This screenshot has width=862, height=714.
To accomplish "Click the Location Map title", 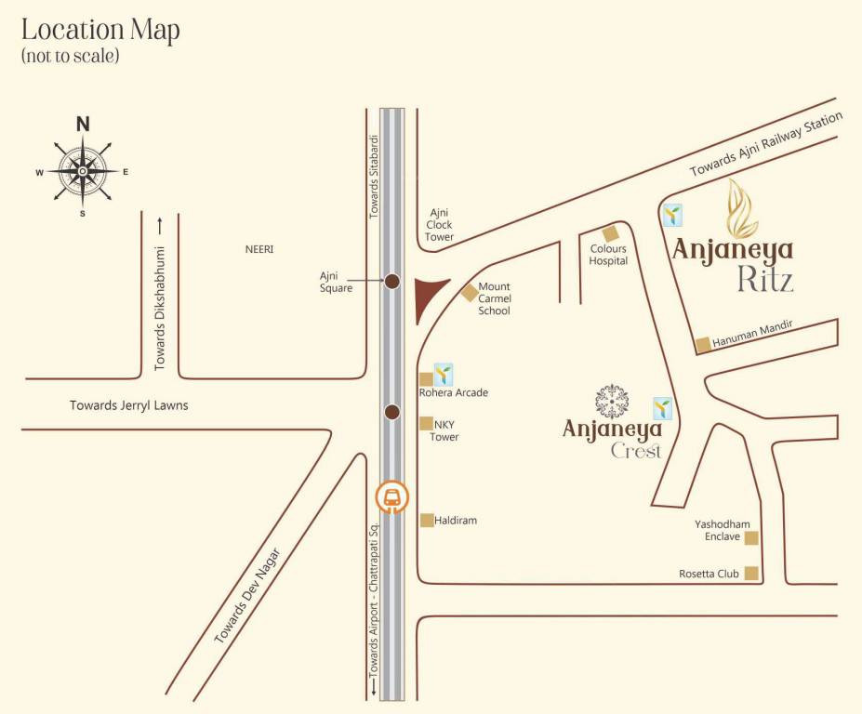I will pyautogui.click(x=100, y=30).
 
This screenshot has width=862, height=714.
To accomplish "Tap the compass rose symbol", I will pyautogui.click(x=83, y=171).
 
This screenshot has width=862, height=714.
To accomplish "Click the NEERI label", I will pyautogui.click(x=259, y=250).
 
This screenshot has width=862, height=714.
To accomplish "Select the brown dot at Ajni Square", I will pyautogui.click(x=392, y=281).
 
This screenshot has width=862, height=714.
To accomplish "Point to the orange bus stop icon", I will pyautogui.click(x=392, y=497).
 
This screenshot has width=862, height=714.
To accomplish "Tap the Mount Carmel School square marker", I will pyautogui.click(x=470, y=293).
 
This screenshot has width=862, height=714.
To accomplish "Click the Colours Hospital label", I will pyautogui.click(x=608, y=255).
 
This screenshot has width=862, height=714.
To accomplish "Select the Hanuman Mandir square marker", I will pyautogui.click(x=703, y=345).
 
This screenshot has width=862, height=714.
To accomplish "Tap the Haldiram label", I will pyautogui.click(x=456, y=521).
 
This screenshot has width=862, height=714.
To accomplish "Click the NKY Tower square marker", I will pyautogui.click(x=426, y=424).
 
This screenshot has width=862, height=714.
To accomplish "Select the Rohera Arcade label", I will pyautogui.click(x=453, y=393).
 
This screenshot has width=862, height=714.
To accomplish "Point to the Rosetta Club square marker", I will pyautogui.click(x=751, y=574).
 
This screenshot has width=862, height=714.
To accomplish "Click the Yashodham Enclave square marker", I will pyautogui.click(x=751, y=537).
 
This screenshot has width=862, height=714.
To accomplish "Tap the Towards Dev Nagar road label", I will pyautogui.click(x=246, y=596).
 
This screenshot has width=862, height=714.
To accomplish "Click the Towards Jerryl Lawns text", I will pyautogui.click(x=129, y=405).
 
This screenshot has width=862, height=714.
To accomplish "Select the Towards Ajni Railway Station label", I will pyautogui.click(x=765, y=144).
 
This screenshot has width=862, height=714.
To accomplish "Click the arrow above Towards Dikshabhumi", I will pyautogui.click(x=159, y=224).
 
